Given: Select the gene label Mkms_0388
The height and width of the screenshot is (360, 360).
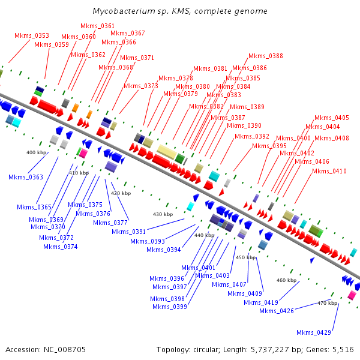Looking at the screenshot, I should [x=266, y=56].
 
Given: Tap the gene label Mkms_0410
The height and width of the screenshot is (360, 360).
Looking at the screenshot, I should [x=329, y=172].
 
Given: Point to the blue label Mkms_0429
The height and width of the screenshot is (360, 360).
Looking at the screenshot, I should [x=314, y=332].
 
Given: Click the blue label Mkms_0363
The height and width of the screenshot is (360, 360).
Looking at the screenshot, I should [x=26, y=177].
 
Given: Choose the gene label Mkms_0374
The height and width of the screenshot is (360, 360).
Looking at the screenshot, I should [x=61, y=247].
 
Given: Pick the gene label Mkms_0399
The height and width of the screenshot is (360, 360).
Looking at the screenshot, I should [x=170, y=307].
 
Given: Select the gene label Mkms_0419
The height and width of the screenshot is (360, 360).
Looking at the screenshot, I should [x=261, y=302].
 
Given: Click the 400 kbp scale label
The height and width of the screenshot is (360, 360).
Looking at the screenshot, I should [x=37, y=152].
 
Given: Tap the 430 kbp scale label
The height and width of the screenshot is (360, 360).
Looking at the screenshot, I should [x=163, y=214].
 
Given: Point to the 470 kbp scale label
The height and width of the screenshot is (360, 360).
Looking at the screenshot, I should [x=328, y=303].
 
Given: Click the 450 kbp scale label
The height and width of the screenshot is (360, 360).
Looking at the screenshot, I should [x=245, y=257].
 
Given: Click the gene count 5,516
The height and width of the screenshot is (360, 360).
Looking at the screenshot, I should [x=343, y=349].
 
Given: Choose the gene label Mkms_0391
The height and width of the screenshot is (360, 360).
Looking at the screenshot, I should [x=129, y=232].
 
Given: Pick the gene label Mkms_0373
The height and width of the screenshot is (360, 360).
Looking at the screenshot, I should [x=141, y=86].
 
